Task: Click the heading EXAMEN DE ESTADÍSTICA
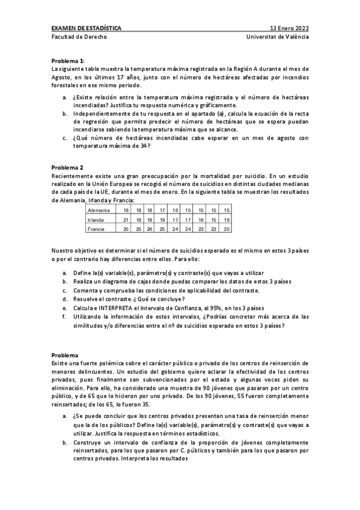(x=85, y=28)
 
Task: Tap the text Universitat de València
(x=278, y=37)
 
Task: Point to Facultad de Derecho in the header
(x=78, y=37)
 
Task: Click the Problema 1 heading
(x=68, y=61)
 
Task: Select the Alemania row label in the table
(x=99, y=210)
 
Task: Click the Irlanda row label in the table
(x=96, y=220)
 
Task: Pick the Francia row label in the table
(x=96, y=229)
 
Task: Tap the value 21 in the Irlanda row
(x=126, y=220)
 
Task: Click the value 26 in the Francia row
(x=150, y=229)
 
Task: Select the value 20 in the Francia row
(x=226, y=229)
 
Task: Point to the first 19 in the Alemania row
(x=126, y=210)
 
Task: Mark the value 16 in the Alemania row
(x=175, y=210)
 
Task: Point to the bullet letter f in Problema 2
(x=64, y=316)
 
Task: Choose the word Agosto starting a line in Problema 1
(x=62, y=78)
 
